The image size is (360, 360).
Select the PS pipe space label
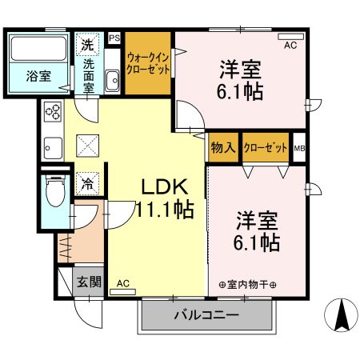pyautogui.click(x=114, y=38)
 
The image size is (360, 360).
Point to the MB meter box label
pyautogui.click(x=299, y=148)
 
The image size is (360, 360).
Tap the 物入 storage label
pyautogui.click(x=224, y=148)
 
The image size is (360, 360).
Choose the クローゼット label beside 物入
pyautogui.click(x=266, y=148)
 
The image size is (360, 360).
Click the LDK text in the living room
pyautogui.click(x=165, y=187)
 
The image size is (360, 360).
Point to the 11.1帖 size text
pyautogui.click(x=166, y=211)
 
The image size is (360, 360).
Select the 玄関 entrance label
pyautogui.click(x=89, y=281)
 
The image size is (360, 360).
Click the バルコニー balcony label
pyautogui.click(x=206, y=315)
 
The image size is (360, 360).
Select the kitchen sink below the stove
pyautogui.click(x=53, y=148)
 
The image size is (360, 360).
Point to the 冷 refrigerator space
pyautogui.click(x=87, y=182)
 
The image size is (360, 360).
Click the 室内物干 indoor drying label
pyautogui.click(x=247, y=284)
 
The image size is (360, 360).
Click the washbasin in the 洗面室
pyautogui.click(x=112, y=81)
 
